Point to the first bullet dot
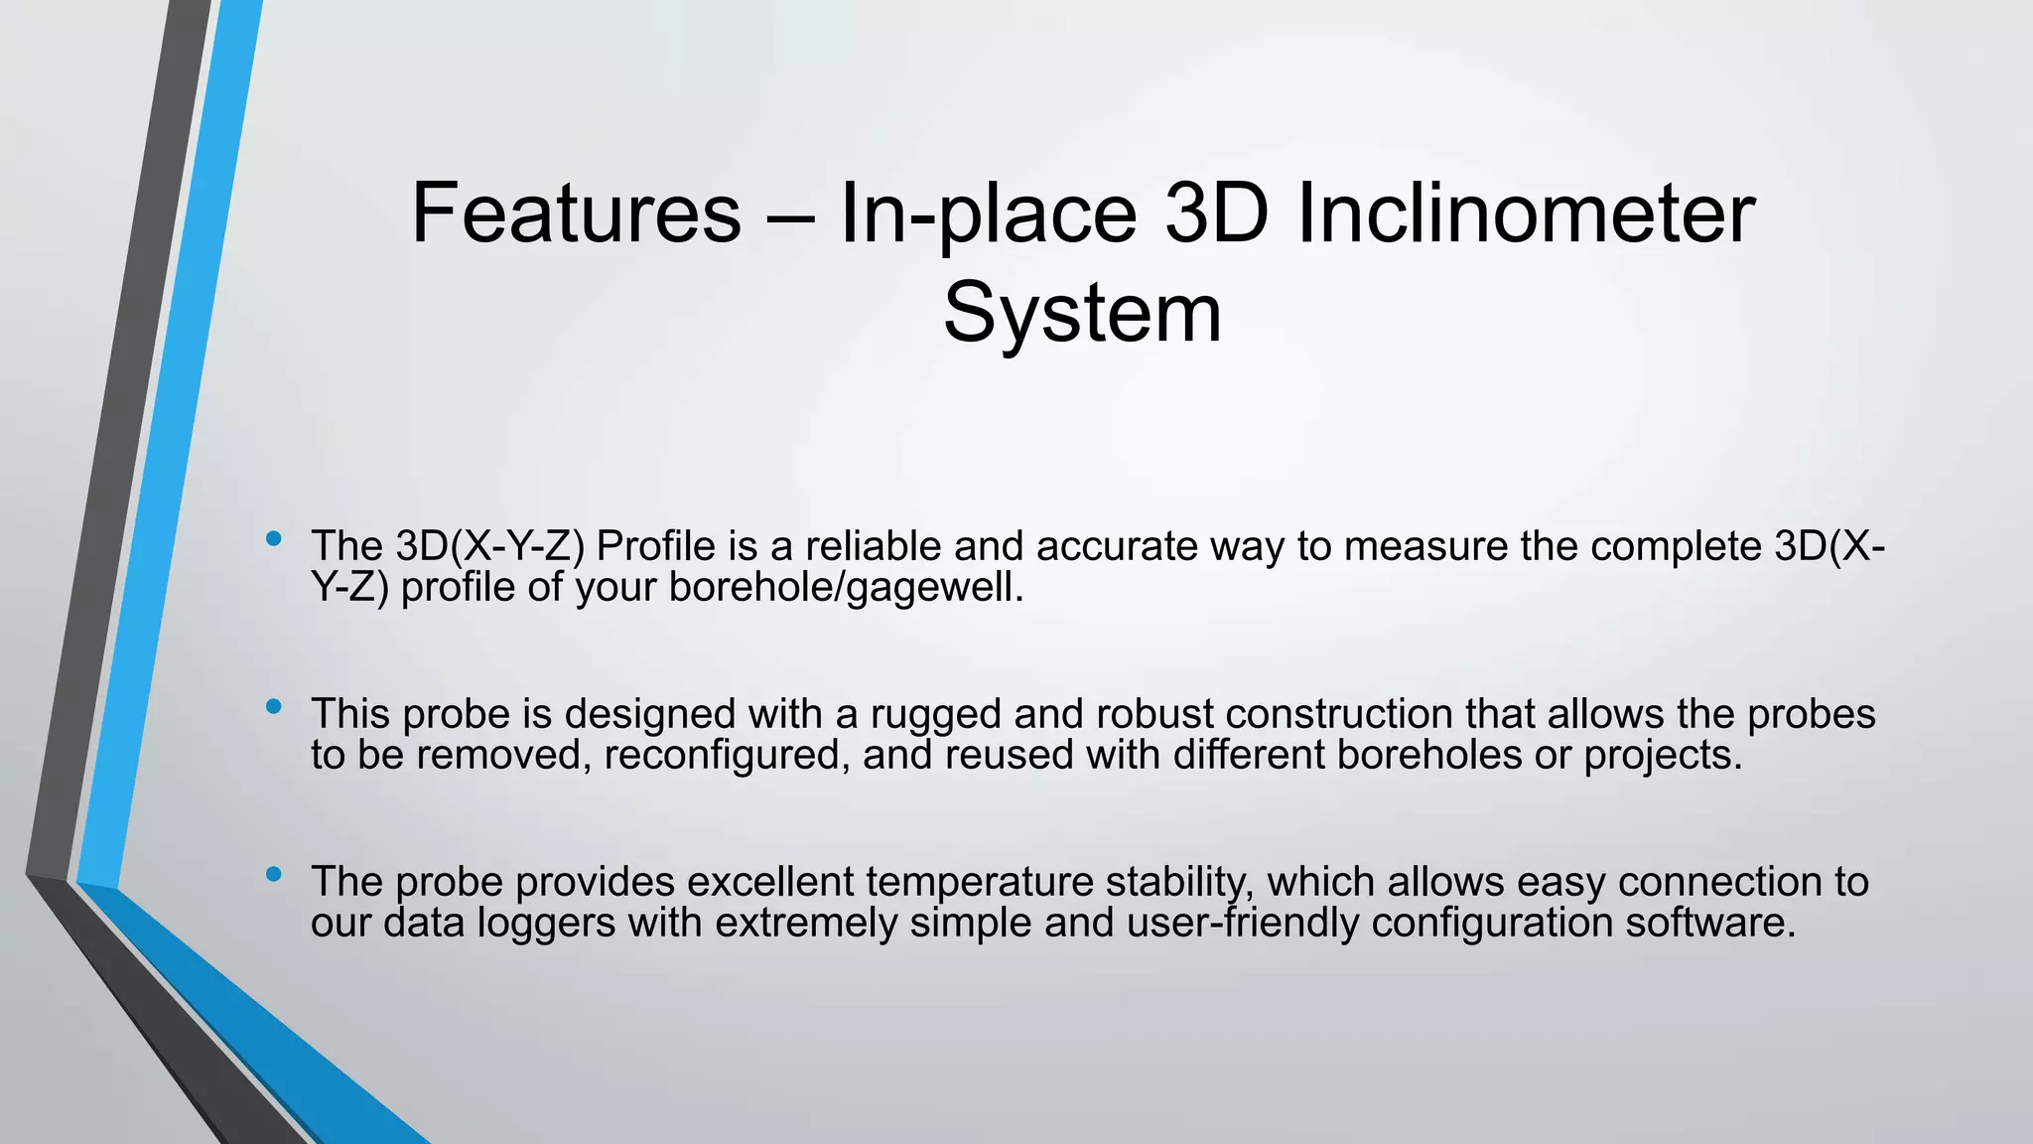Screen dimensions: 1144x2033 274,540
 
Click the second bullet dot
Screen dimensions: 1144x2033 274,707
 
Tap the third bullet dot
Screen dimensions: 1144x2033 274,875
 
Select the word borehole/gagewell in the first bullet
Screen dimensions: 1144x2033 846,588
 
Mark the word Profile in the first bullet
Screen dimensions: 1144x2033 656,546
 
